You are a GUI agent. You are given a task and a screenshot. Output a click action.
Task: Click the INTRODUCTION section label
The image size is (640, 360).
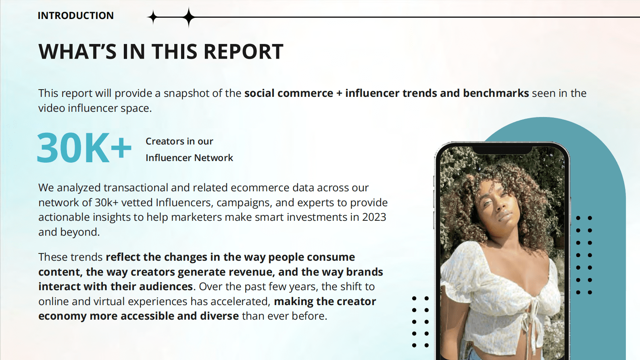click(76, 15)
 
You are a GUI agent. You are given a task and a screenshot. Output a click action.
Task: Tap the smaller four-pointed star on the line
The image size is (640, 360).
click(153, 17)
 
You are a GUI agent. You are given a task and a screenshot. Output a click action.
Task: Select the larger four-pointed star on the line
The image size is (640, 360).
click(189, 17)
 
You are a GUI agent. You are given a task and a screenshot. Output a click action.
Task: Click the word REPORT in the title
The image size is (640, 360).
click(244, 52)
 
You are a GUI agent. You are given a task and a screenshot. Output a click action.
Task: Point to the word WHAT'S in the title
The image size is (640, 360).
click(77, 52)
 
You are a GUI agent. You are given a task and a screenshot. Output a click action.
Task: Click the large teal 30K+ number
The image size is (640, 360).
click(84, 148)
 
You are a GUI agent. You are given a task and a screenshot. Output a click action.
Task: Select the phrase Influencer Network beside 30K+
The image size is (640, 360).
click(190, 158)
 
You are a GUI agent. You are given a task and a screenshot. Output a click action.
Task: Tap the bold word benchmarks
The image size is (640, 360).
click(496, 93)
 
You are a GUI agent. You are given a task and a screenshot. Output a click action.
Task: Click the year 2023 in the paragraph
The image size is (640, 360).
click(374, 217)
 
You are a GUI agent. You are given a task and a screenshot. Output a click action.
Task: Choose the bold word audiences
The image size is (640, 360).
click(166, 287)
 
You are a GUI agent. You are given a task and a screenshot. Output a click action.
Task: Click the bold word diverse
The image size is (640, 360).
click(219, 316)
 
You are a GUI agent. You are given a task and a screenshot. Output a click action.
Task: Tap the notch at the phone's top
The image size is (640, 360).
click(502, 151)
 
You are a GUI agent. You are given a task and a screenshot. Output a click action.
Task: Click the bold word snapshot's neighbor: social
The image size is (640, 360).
click(259, 93)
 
